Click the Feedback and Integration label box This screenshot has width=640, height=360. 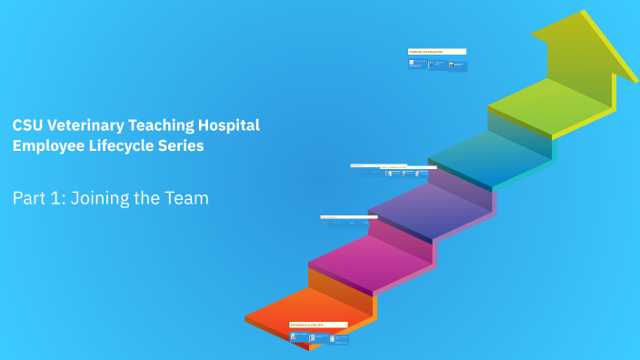[437, 52]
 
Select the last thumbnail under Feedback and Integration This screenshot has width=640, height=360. [457, 65]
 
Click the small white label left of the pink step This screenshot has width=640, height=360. [342, 217]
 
